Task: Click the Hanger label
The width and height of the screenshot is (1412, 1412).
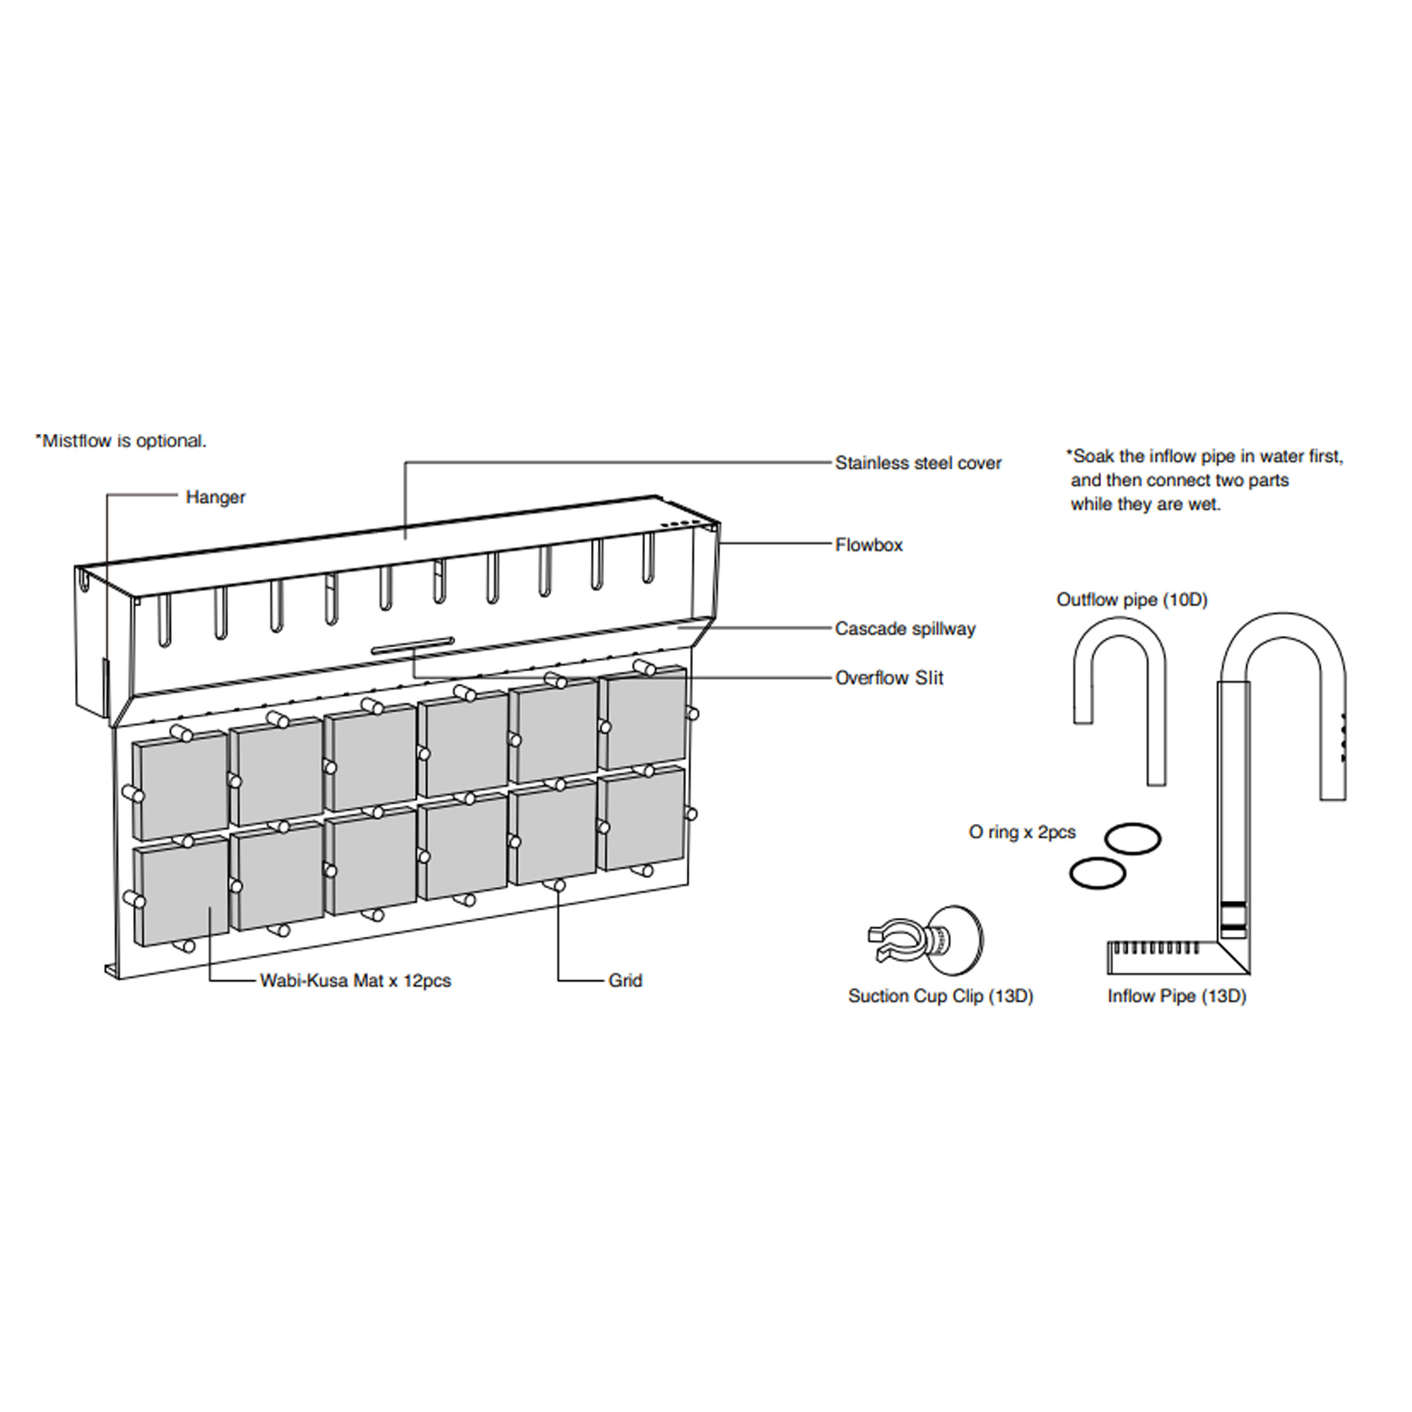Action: (215, 498)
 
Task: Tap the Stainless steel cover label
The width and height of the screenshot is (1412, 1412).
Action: (918, 464)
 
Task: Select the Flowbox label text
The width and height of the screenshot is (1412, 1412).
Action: (869, 545)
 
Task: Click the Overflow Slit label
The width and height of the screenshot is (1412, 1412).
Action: (889, 678)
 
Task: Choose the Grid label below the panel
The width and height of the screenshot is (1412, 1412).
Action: (625, 981)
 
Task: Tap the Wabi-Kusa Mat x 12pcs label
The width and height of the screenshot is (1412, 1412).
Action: (355, 981)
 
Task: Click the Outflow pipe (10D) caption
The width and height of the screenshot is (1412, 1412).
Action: (1131, 600)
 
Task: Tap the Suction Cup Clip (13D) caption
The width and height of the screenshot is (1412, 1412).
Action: (941, 996)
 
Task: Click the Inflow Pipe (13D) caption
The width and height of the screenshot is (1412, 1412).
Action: (1177, 996)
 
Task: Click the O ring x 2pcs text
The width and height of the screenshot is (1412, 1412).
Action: (1022, 832)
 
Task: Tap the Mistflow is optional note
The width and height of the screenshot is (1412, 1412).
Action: (121, 441)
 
